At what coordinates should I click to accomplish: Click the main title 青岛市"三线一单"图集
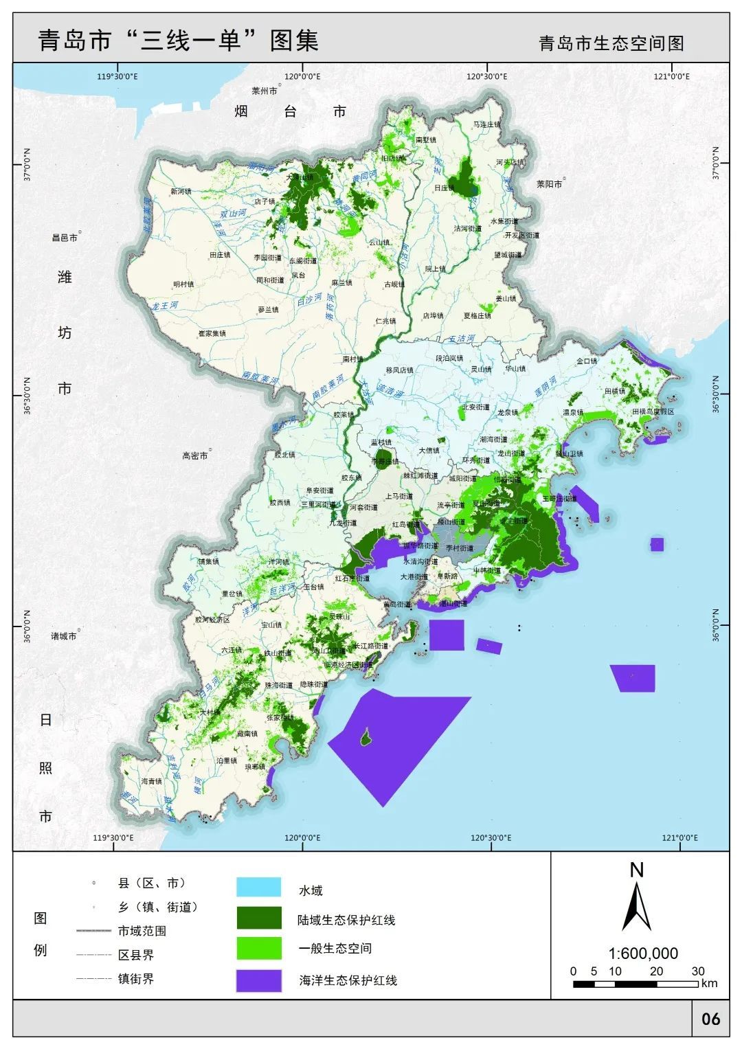(179, 41)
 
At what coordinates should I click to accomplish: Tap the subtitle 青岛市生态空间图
(611, 43)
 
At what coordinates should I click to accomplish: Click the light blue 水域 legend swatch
(258, 887)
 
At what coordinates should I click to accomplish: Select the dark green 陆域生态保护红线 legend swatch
(258, 917)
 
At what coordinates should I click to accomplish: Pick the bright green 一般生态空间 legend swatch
(258, 948)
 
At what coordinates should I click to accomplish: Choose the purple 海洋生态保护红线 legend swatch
(258, 980)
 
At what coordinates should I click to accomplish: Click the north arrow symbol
(636, 905)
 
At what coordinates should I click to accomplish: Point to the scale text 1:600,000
(643, 954)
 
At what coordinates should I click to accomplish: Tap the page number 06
(710, 1018)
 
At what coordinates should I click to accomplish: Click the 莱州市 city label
(264, 91)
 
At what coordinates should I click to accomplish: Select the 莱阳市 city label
(549, 184)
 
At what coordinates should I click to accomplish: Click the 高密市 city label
(194, 455)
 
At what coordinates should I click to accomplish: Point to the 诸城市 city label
(63, 636)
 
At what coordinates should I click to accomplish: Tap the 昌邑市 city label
(65, 238)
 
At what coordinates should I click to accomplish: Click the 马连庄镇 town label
(486, 124)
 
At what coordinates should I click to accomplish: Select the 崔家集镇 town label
(212, 333)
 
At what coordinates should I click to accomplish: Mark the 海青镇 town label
(151, 781)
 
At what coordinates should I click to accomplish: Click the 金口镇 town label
(587, 361)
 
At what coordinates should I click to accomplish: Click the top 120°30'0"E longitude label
(486, 76)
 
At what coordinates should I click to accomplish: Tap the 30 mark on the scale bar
(698, 971)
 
